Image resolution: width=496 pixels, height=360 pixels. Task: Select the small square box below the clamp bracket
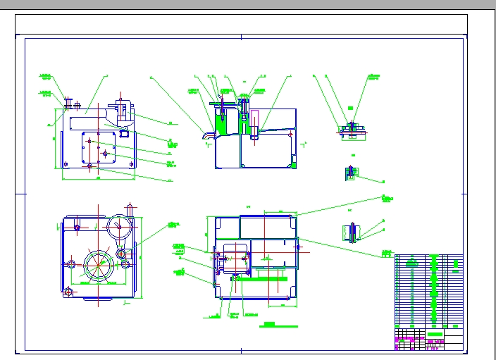(x=125, y=133)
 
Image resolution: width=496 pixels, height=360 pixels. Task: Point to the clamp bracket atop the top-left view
(x=120, y=110)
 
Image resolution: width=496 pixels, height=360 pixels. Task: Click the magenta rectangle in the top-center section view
(x=254, y=121)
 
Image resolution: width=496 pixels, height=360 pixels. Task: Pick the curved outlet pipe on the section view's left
(x=206, y=132)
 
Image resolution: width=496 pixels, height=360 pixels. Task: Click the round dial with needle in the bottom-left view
(x=118, y=227)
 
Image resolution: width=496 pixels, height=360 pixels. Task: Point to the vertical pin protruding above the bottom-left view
(x=130, y=209)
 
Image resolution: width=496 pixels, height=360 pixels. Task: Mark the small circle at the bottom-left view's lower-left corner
(x=68, y=292)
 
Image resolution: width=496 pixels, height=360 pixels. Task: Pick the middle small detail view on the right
(x=350, y=172)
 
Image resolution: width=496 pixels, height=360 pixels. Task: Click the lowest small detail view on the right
(x=352, y=231)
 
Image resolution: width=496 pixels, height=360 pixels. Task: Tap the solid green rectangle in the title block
(x=435, y=335)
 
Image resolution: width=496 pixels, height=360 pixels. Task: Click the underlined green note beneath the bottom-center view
(x=268, y=325)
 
